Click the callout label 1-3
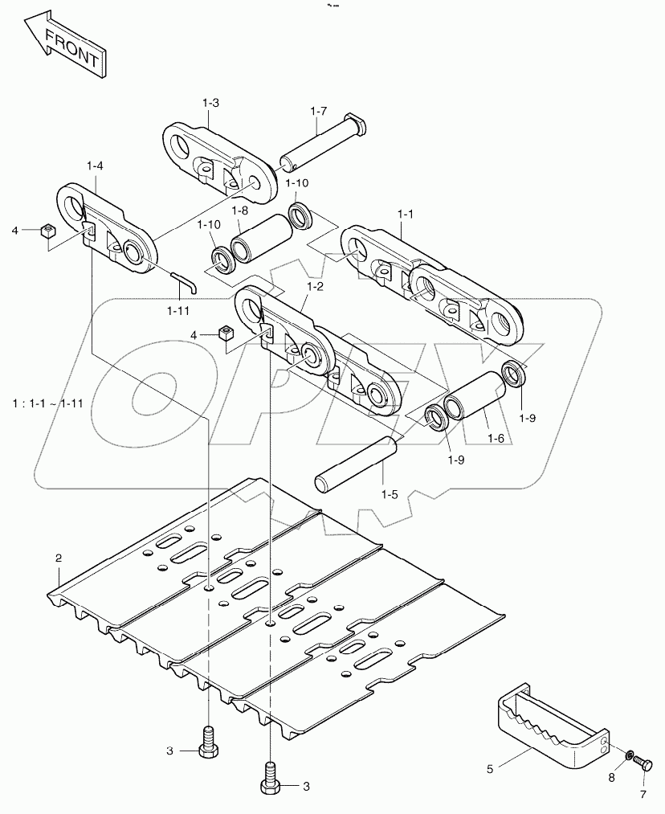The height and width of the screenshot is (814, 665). (x=210, y=103)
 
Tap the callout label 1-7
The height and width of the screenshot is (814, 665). (x=319, y=111)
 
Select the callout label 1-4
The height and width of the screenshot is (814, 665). (x=95, y=166)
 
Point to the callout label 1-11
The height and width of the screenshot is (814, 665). (x=179, y=310)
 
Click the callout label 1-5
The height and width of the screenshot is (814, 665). (x=390, y=494)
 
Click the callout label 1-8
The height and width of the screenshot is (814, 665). (x=239, y=211)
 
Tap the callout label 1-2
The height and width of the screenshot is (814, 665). (x=314, y=285)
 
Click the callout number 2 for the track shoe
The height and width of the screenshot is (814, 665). (x=58, y=557)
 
